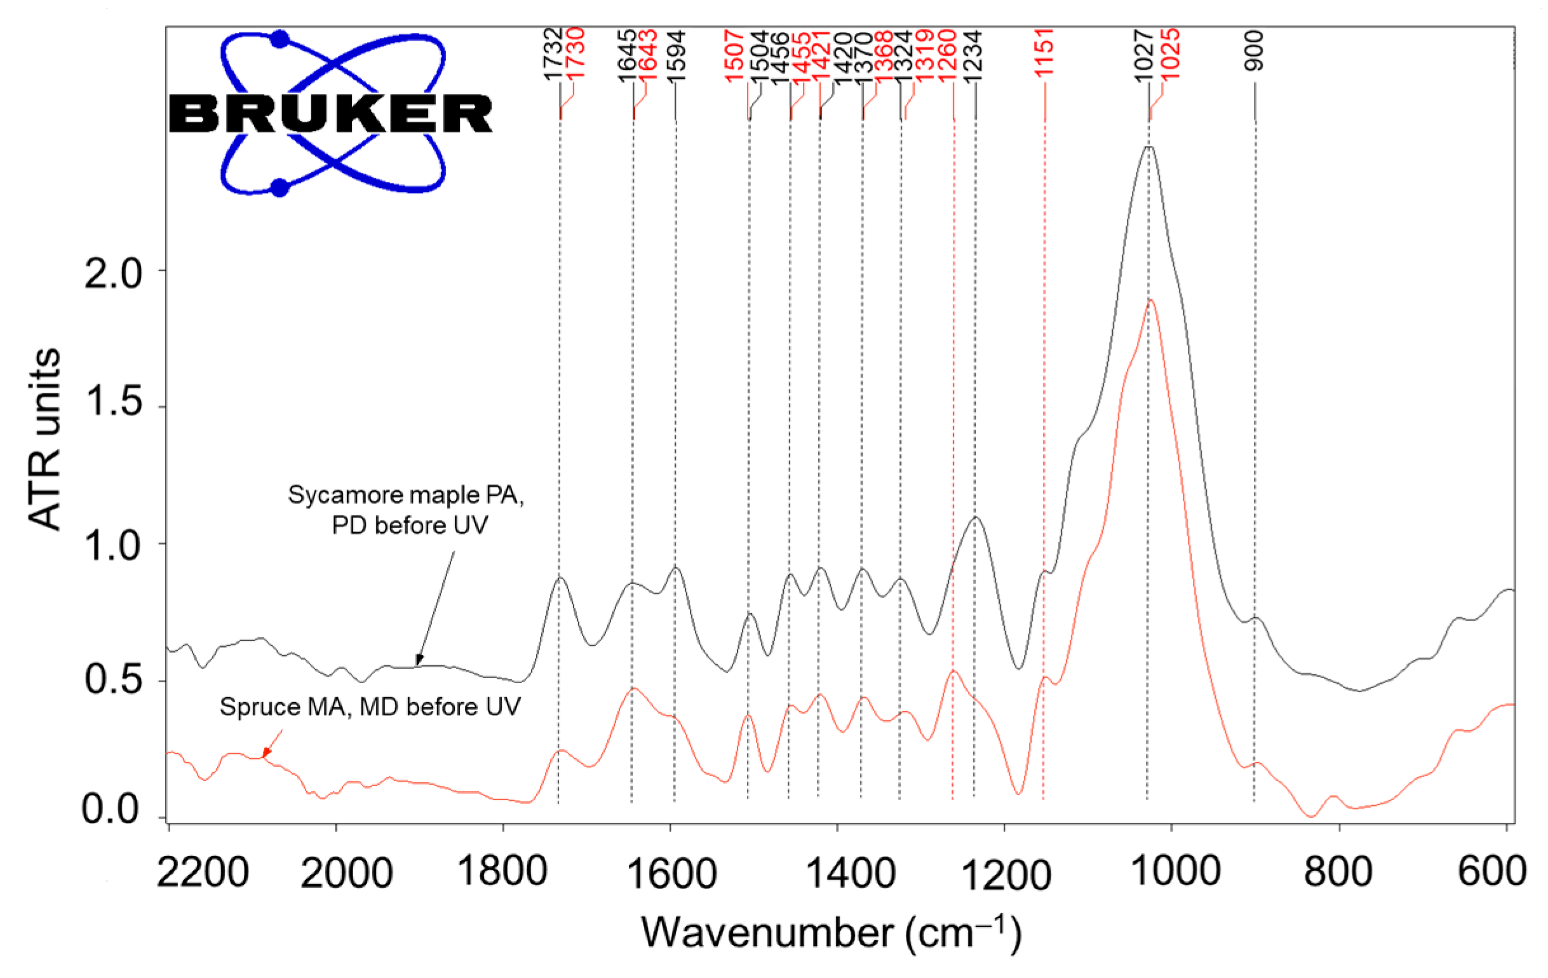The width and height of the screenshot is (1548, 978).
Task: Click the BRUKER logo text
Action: point(330,114)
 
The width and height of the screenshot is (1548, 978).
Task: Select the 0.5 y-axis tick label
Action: point(113,680)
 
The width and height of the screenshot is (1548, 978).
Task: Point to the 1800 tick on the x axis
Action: point(502,872)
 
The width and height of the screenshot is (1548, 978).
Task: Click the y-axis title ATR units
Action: point(45,440)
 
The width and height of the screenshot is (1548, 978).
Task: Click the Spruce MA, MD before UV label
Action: point(370,707)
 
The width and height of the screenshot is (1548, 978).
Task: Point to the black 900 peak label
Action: point(1254,51)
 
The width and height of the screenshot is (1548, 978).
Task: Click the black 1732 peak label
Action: point(553,54)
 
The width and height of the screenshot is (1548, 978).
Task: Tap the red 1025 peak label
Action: point(1170,54)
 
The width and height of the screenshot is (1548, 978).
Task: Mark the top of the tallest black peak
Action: point(1148,147)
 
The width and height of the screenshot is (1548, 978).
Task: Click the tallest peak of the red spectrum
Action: point(1151,300)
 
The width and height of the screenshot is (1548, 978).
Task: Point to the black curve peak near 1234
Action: point(976,517)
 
